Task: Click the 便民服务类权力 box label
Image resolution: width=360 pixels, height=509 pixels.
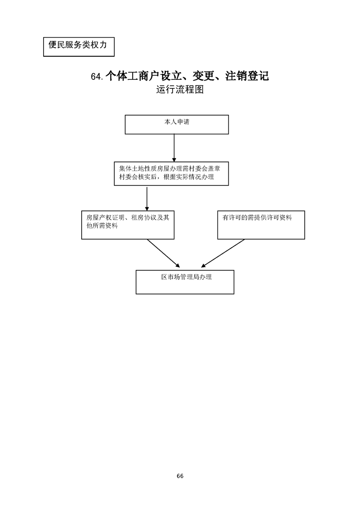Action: (78, 45)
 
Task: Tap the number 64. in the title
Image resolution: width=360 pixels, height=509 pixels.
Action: (97, 77)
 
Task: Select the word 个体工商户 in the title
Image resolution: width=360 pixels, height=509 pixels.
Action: (129, 76)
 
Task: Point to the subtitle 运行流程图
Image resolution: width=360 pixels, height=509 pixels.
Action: (179, 89)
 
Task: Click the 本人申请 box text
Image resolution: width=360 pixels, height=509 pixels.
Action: (177, 122)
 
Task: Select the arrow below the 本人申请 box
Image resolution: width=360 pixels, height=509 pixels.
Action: (174, 147)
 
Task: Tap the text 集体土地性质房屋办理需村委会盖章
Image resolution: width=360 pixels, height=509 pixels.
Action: (170, 169)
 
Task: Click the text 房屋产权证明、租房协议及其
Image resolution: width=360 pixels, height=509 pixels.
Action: (128, 217)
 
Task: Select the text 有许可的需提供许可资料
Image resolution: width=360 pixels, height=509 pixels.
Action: (257, 218)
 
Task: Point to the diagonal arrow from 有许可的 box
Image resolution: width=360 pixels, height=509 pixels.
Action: (223, 253)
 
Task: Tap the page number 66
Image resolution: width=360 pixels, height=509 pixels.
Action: (180, 476)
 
